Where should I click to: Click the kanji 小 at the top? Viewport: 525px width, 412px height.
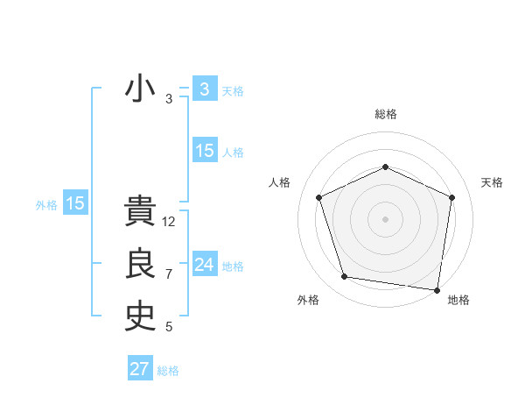click(141, 89)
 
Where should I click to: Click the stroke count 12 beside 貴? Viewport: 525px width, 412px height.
click(169, 222)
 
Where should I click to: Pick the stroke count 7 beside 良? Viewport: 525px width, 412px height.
click(169, 274)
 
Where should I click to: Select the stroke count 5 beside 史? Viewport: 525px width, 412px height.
click(169, 327)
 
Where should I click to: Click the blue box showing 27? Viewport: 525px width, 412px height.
click(140, 369)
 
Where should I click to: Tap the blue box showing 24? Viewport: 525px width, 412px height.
click(204, 265)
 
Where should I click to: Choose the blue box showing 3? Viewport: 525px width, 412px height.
click(204, 89)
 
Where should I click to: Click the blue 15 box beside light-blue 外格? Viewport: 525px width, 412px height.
click(75, 203)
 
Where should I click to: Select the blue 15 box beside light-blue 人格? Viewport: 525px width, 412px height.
click(204, 151)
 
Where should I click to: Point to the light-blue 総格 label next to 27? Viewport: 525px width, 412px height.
click(168, 371)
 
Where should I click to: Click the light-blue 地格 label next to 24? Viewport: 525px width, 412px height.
click(233, 266)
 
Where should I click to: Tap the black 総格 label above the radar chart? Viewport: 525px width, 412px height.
click(385, 114)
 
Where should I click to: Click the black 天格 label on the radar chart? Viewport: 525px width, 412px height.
click(493, 182)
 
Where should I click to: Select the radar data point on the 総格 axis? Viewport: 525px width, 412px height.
click(385, 167)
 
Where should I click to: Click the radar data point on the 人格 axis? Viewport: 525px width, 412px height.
click(319, 197)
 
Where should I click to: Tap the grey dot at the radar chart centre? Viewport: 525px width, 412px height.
click(385, 218)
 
